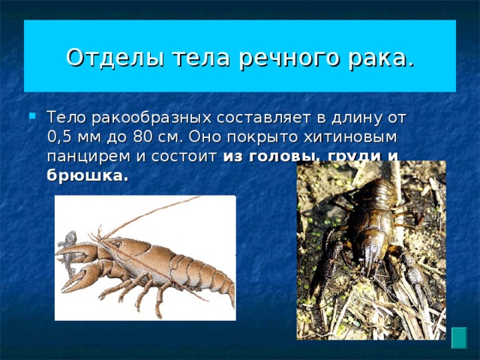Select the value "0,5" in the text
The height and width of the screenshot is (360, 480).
click(60, 138)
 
